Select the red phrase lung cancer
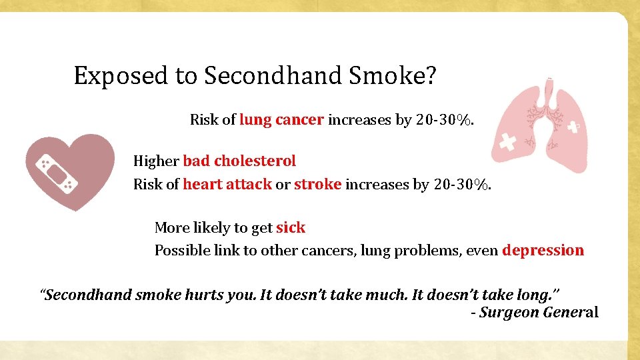point(281,120)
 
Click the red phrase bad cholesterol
point(239,161)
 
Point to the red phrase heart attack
point(227,184)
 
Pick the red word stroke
point(318,184)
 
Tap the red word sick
point(291,227)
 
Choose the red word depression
point(543,251)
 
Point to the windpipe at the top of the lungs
point(550,91)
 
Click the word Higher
point(156,161)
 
